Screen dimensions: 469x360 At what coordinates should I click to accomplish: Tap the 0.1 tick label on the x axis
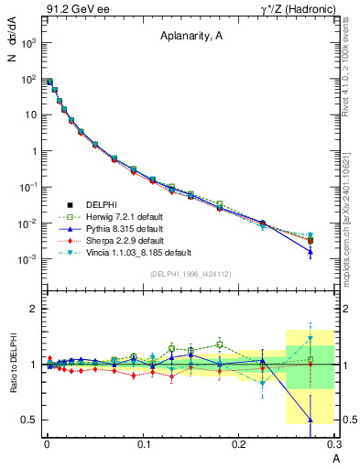pos(143,446)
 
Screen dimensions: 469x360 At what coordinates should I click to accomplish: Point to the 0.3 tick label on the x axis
pos(333,446)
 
